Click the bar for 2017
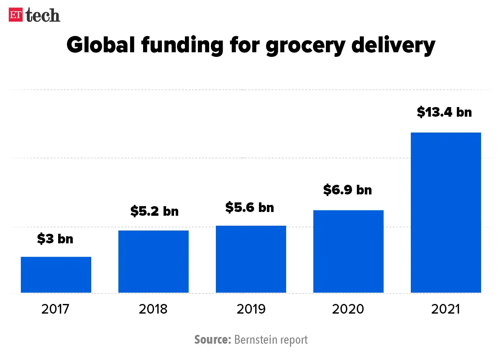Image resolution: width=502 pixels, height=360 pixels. (x=56, y=275)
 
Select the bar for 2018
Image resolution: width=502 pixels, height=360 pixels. (x=154, y=261)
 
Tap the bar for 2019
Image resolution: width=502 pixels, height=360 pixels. (x=251, y=259)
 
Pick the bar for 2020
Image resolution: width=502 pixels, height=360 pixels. (x=348, y=251)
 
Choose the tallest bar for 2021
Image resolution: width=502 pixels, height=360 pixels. (x=446, y=212)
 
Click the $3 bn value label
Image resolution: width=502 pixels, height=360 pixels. (x=55, y=239)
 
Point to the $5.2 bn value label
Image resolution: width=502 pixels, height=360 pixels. (x=154, y=211)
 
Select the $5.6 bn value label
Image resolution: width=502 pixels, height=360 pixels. (x=250, y=207)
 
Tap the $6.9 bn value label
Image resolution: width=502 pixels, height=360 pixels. (x=348, y=190)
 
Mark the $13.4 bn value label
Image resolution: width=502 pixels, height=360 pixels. (x=444, y=112)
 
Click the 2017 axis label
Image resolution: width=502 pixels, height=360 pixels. (x=56, y=309)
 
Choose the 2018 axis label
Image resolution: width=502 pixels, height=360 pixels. (x=154, y=309)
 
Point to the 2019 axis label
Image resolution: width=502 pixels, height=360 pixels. (x=251, y=309)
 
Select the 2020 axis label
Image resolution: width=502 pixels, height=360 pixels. (x=348, y=309)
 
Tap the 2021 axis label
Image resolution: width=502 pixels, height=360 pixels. (x=446, y=309)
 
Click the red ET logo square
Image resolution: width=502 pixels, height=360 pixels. (x=16, y=15)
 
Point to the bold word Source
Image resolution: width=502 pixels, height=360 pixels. (x=213, y=340)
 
